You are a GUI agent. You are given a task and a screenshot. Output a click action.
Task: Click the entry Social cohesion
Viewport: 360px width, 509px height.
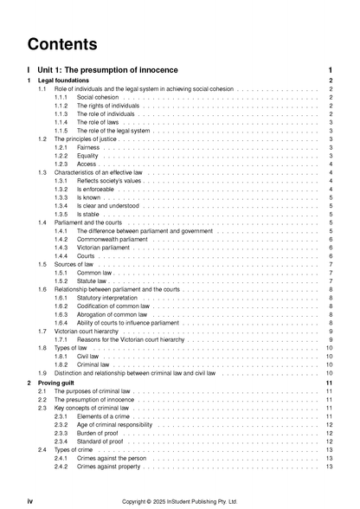[x=97, y=98]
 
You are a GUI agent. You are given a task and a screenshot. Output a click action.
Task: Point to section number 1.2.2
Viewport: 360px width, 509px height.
[x=61, y=156]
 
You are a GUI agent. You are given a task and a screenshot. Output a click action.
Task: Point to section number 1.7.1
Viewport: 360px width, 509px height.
[x=61, y=339]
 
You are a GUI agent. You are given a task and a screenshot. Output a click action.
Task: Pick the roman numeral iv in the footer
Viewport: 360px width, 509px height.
[x=30, y=500]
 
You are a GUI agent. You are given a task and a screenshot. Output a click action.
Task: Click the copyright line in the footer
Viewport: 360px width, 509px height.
[x=179, y=500]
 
